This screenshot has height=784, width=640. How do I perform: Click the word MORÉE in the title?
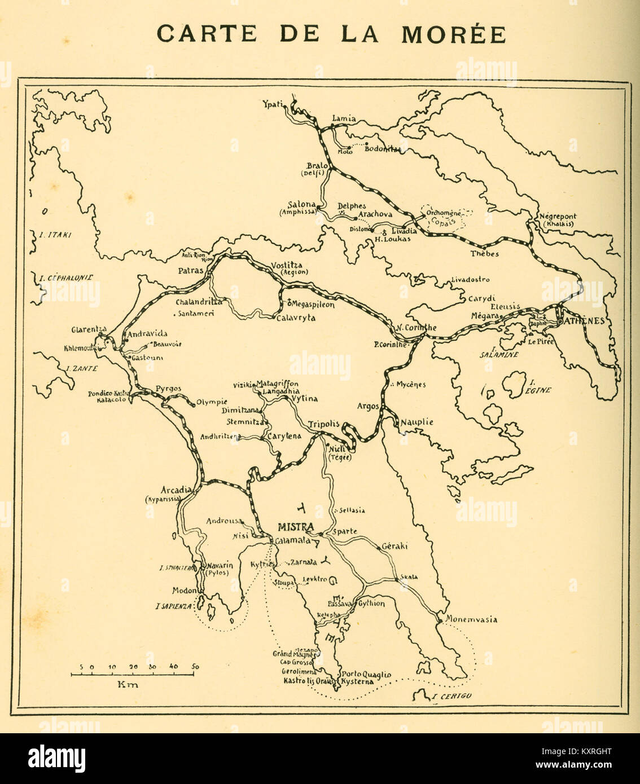tap(453, 34)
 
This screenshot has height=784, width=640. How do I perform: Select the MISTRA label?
tap(295, 527)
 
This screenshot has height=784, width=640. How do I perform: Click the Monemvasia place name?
tap(472, 619)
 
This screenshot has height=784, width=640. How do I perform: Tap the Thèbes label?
tap(485, 254)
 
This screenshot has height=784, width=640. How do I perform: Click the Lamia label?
tap(344, 118)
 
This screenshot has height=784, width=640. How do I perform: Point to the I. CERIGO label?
tap(451, 696)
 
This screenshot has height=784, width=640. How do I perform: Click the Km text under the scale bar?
tap(128, 685)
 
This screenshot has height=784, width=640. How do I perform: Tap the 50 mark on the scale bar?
tap(195, 667)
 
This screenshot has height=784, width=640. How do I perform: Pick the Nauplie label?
tap(417, 422)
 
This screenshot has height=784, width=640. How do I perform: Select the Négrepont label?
tap(558, 217)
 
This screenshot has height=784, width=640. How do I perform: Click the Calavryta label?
tap(296, 318)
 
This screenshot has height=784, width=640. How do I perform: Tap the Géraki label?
tap(394, 546)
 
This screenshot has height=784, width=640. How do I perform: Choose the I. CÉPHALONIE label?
tap(67, 277)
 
